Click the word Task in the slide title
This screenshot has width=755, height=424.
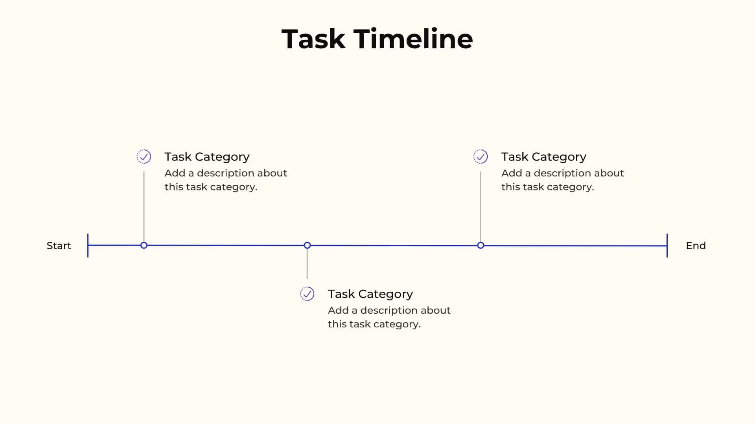click(x=313, y=39)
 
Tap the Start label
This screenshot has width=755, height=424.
click(x=59, y=246)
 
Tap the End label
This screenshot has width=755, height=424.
click(x=696, y=246)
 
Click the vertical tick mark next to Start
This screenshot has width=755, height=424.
click(x=88, y=246)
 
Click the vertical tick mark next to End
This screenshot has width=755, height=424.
click(x=667, y=246)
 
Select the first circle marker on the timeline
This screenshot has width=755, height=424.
click(x=144, y=245)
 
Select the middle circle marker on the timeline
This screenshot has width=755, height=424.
click(x=307, y=245)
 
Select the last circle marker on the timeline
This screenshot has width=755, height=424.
click(x=481, y=245)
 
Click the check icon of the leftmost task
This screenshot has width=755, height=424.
click(x=144, y=157)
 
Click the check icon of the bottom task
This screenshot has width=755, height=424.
click(x=307, y=294)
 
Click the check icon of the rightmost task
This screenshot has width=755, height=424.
click(x=481, y=157)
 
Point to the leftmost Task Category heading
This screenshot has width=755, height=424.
click(x=207, y=157)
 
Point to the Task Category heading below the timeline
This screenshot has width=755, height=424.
click(x=370, y=294)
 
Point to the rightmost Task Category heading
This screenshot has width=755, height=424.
click(x=543, y=157)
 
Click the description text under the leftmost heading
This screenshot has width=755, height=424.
click(x=226, y=180)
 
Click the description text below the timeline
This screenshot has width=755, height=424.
click(x=389, y=317)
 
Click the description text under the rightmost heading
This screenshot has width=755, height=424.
click(x=562, y=180)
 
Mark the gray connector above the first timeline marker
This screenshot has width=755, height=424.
click(x=144, y=206)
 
